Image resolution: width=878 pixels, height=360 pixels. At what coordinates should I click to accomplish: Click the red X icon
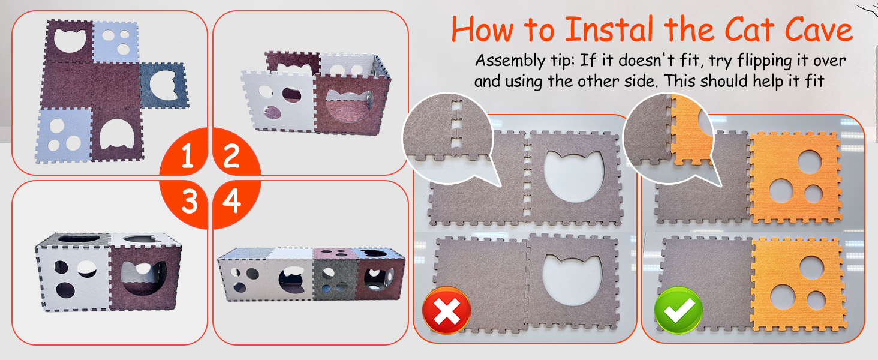[446, 311]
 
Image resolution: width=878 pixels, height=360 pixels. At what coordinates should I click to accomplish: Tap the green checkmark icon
[678, 311]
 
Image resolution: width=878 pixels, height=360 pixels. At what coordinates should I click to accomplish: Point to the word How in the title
[483, 29]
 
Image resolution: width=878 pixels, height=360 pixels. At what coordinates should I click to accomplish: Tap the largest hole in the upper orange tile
[809, 162]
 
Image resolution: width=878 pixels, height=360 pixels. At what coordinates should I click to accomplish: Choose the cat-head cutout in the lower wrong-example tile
[573, 279]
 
